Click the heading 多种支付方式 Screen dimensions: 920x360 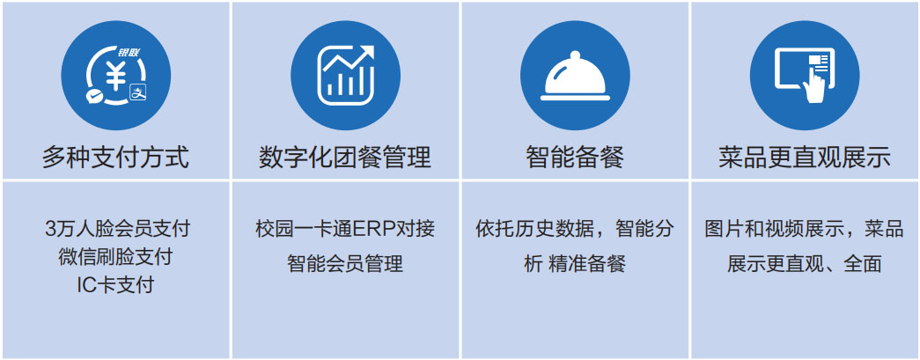(x=115, y=158)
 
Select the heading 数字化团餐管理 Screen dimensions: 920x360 (x=345, y=158)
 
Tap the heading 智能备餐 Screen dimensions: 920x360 (x=575, y=158)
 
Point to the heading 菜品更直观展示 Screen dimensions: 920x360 (x=805, y=158)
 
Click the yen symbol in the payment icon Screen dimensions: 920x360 (x=115, y=76)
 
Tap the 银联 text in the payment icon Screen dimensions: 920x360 (x=128, y=52)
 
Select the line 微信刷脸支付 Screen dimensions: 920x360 (x=115, y=257)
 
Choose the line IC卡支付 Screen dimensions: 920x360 (x=115, y=285)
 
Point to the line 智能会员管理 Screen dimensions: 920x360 (x=345, y=264)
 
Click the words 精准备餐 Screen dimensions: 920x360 (x=587, y=264)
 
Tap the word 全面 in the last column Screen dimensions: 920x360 (x=863, y=264)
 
